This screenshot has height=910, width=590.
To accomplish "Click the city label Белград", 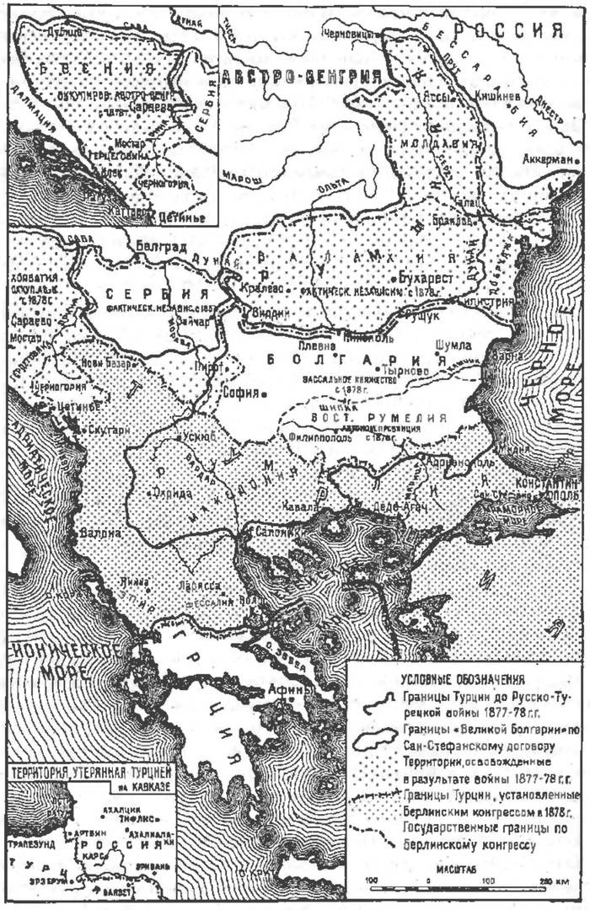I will (158, 247).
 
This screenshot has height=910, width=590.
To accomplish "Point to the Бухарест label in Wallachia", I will (426, 276).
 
